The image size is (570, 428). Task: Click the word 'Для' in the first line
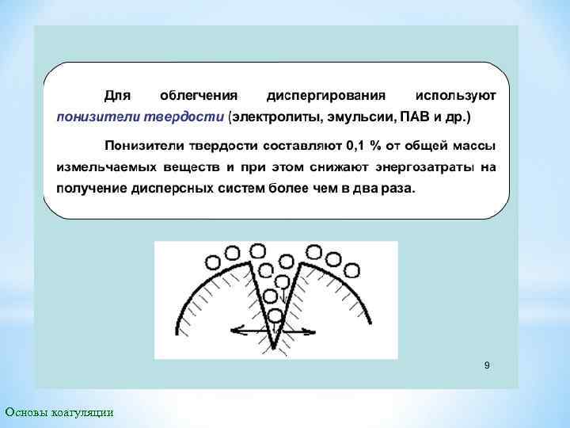[119, 95]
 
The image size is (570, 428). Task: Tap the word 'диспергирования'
[326, 95]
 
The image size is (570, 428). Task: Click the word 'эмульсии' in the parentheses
[365, 117]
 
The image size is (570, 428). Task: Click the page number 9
[487, 365]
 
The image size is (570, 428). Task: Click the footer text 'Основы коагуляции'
[59, 411]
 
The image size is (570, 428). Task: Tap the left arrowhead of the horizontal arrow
[233, 331]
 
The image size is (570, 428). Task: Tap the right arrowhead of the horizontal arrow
[316, 331]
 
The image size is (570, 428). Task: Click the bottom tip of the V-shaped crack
[274, 347]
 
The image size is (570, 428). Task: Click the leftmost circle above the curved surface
[213, 262]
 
